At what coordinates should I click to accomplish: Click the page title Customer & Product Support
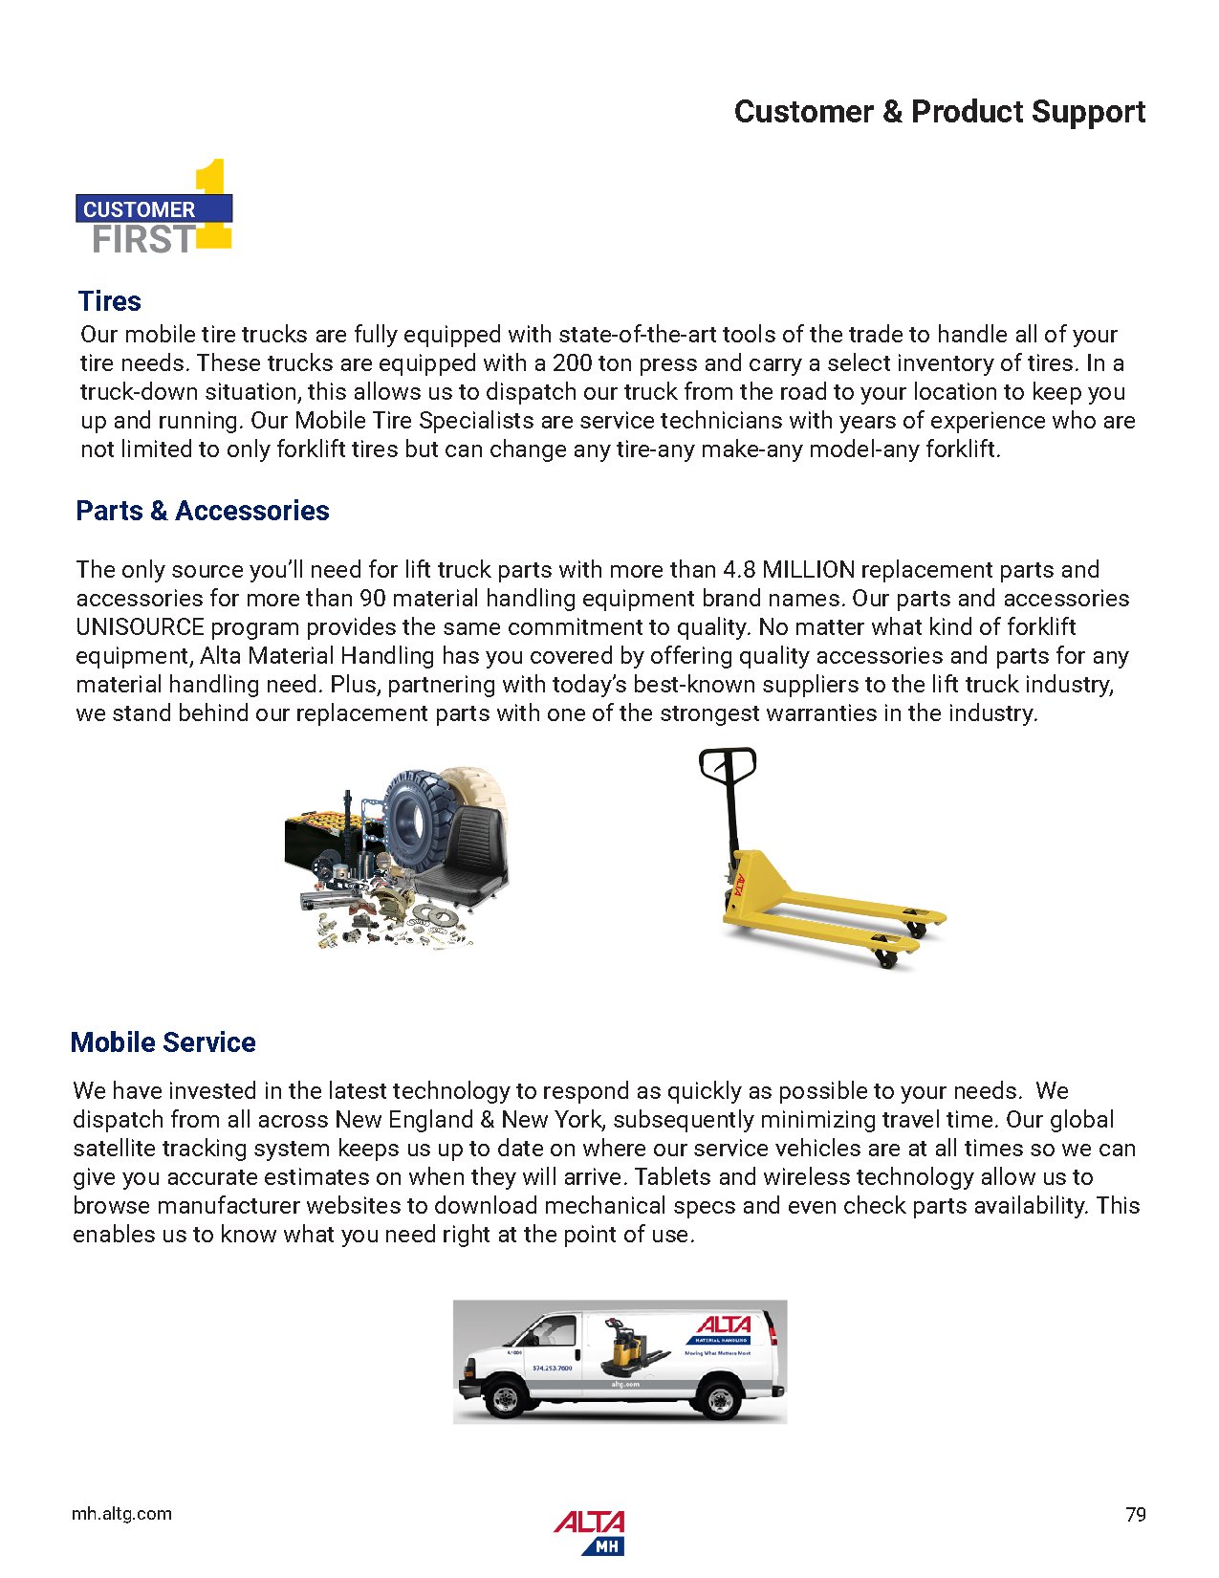[939, 112]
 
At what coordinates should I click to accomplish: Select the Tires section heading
[110, 301]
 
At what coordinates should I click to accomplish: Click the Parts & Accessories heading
[203, 511]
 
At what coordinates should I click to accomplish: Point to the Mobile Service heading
[163, 1042]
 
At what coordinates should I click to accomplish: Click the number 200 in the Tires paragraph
[572, 363]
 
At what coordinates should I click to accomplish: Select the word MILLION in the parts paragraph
[808, 570]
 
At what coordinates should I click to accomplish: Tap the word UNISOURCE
[140, 627]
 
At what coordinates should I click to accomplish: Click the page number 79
[1135, 1514]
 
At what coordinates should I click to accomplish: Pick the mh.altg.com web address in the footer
[122, 1514]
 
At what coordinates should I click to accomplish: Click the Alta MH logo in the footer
[589, 1530]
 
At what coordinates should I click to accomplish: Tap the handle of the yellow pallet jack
[728, 765]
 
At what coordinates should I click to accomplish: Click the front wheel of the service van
[504, 1399]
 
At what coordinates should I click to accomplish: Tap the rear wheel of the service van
[719, 1400]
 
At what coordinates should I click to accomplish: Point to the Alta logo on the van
[724, 1326]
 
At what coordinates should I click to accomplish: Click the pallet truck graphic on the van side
[633, 1348]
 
